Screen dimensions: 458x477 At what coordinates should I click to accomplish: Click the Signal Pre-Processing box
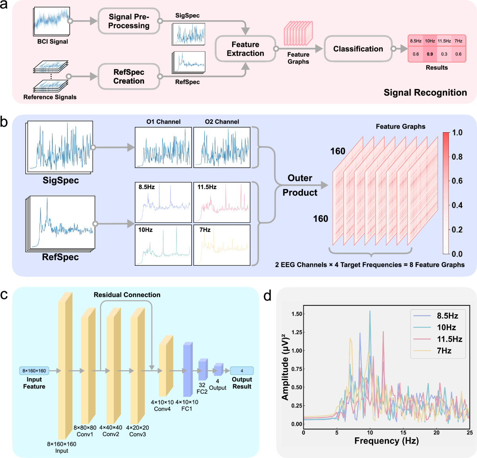coord(129,21)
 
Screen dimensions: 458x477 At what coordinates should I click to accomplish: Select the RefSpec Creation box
coord(129,76)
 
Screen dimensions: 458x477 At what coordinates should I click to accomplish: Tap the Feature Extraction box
coord(245,49)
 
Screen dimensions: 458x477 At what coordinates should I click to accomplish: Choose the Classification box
coord(358,49)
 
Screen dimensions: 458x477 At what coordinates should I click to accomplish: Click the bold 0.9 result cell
coord(430,54)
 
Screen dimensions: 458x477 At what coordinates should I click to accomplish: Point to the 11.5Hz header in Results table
coord(444,41)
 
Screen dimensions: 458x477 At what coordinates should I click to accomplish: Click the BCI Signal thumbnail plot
coord(52,21)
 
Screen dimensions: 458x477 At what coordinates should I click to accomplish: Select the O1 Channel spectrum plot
coord(163,147)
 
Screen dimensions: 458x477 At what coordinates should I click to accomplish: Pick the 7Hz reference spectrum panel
coord(222,245)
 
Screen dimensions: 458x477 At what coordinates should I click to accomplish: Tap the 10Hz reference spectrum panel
coord(163,245)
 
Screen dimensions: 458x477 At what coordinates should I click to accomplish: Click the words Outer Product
coord(300,185)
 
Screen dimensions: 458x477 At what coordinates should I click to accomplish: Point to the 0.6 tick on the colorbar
coord(457,181)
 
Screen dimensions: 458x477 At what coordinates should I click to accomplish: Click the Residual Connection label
coord(127,295)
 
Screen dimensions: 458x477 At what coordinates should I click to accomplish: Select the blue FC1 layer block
coord(187,369)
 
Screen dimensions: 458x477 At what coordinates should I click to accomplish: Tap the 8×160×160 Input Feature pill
coord(34,371)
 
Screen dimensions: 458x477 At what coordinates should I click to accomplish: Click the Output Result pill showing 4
coord(242,371)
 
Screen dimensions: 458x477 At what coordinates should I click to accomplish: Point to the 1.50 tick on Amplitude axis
coord(297,314)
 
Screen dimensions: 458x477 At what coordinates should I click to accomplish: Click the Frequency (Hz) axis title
coord(386,441)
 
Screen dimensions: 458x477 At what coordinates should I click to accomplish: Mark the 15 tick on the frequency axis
coord(403,432)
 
